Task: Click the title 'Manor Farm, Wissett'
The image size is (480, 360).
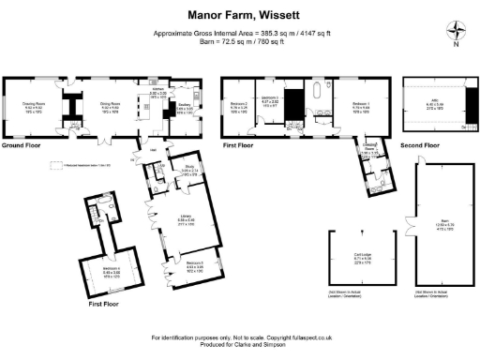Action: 239,15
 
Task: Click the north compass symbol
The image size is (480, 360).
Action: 455,30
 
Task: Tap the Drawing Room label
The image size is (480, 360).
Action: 35,105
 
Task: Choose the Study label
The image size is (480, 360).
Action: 188,169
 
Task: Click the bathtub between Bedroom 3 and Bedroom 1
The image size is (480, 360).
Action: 319,94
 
